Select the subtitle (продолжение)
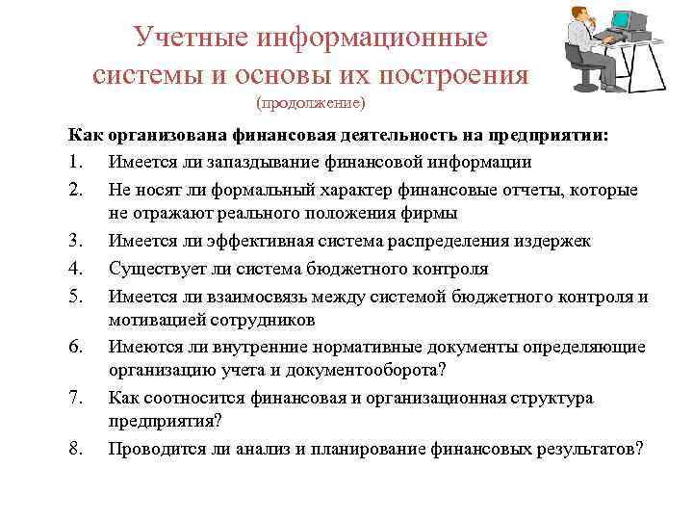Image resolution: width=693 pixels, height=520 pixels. pyautogui.click(x=312, y=102)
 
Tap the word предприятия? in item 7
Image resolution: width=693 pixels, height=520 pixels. pyautogui.click(x=165, y=422)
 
